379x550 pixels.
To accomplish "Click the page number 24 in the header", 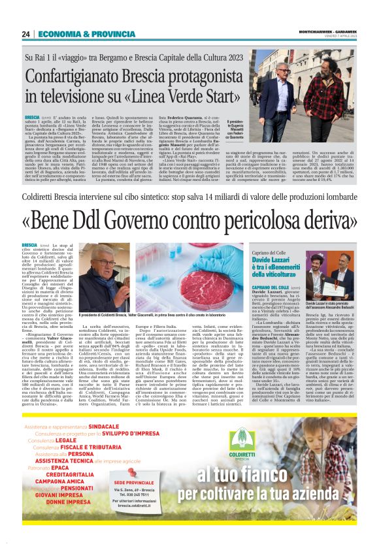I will tap(26, 34).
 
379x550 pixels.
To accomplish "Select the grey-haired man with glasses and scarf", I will tap(107, 276).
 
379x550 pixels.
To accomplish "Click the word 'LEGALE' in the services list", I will tap(66, 441).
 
